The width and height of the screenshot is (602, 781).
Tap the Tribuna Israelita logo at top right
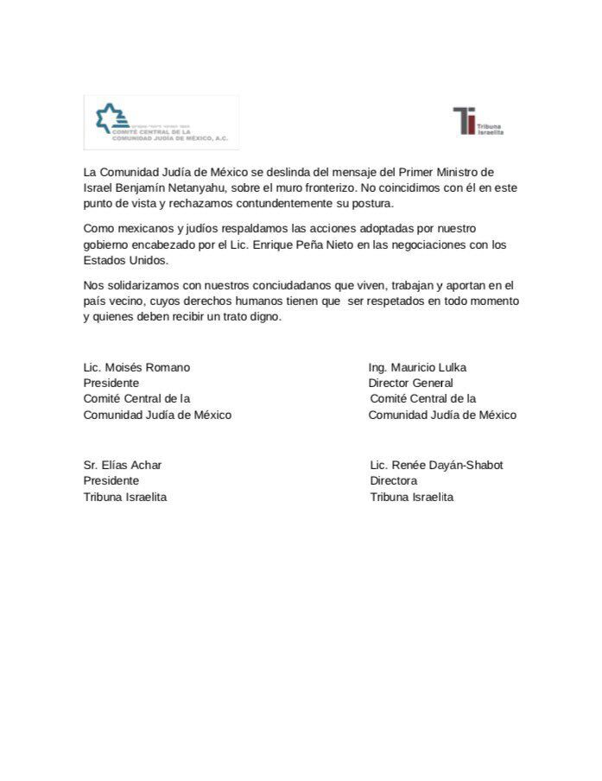478,121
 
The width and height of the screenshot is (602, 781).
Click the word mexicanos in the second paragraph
145,229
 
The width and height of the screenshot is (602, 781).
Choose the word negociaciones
446,244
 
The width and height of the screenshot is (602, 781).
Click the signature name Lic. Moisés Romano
136,367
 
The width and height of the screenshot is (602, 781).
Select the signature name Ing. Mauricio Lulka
417,367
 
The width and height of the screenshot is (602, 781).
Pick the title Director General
410,383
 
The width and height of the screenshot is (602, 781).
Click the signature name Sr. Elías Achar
123,465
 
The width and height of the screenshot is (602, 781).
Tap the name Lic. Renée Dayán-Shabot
436,465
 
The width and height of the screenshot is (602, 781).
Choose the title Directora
394,480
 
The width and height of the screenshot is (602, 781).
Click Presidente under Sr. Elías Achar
111,480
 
